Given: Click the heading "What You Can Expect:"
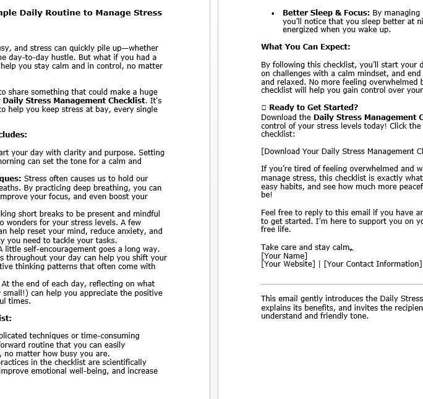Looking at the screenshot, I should [305, 47].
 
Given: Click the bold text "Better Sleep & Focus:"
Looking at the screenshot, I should [326, 12].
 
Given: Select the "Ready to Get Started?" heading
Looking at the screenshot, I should [314, 107].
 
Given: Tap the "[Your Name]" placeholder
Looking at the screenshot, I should [284, 255].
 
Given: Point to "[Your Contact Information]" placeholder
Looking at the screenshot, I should [372, 264].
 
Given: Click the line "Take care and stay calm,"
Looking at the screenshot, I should [305, 247].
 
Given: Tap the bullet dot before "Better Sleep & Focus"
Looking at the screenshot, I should [273, 13].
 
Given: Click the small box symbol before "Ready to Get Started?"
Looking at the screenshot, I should [263, 108].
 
